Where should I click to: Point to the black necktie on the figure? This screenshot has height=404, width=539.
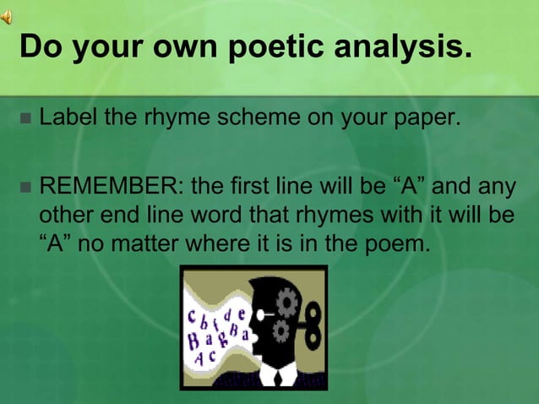(x=276, y=377)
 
